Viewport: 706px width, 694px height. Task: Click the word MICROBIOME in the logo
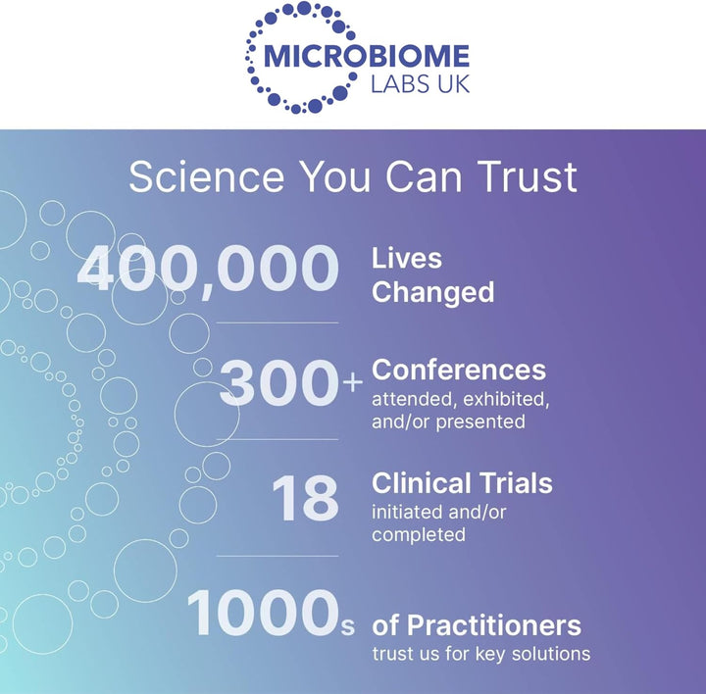pyautogui.click(x=367, y=56)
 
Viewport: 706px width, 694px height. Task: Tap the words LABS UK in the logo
pyautogui.click(x=420, y=84)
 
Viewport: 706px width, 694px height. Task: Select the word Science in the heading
pyautogui.click(x=207, y=176)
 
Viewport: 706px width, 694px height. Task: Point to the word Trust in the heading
pyautogui.click(x=528, y=176)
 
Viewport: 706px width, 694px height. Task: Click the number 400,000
pyautogui.click(x=208, y=271)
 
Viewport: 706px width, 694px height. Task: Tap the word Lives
pyautogui.click(x=407, y=259)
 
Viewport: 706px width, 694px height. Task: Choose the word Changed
pyautogui.click(x=432, y=293)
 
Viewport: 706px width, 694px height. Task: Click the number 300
pyautogui.click(x=278, y=383)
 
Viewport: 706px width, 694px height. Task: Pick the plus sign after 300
pyautogui.click(x=353, y=382)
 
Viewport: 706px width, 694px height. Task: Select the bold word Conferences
pyautogui.click(x=459, y=370)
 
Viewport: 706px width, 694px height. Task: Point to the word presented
pyautogui.click(x=480, y=421)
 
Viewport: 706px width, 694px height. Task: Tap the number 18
pyautogui.click(x=305, y=499)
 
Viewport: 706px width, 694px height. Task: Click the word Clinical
pyautogui.click(x=421, y=483)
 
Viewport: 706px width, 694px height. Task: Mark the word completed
pyautogui.click(x=419, y=534)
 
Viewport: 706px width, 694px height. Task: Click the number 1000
pyautogui.click(x=263, y=613)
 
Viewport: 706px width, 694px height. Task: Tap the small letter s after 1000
pyautogui.click(x=347, y=626)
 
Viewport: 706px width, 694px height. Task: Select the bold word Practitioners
pyautogui.click(x=494, y=625)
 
